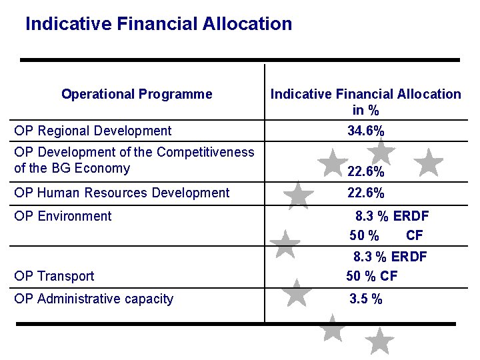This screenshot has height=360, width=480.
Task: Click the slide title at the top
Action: pos(159,25)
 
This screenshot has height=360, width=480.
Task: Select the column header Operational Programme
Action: pos(137,94)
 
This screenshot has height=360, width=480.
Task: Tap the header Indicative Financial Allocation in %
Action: pos(365,101)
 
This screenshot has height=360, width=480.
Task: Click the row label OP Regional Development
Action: pos(93,131)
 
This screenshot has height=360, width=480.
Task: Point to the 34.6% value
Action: pos(366,131)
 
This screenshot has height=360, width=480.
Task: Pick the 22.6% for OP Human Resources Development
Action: pos(366,193)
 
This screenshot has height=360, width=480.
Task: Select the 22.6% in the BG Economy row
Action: pos(366,172)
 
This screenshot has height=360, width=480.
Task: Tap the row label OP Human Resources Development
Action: pos(121,193)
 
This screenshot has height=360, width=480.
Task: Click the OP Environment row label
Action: pos(63,216)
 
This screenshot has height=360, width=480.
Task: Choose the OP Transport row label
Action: pos(54,276)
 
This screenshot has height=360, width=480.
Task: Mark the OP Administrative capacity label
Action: pos(93,299)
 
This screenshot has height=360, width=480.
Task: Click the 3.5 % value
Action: pos(366,299)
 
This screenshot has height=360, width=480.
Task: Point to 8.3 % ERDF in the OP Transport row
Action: pos(390,257)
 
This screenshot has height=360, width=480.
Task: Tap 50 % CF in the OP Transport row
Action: pos(371,276)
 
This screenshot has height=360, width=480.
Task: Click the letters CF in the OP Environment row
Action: pos(414,235)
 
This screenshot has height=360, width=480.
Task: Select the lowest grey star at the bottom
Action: pos(380,341)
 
